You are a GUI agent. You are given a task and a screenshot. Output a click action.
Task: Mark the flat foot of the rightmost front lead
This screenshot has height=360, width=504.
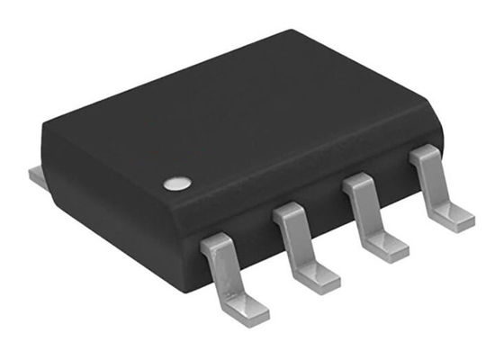(x=455, y=218)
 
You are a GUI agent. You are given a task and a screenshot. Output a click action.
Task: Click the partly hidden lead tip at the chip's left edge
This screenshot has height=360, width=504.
(x=36, y=178)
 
